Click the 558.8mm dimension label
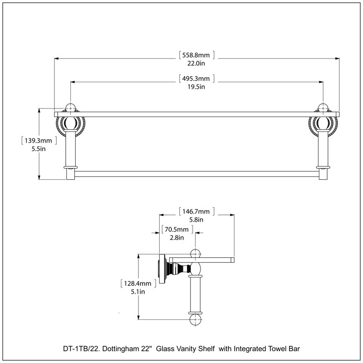coord(196,55)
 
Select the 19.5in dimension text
coord(196,87)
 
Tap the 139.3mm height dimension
coord(39,141)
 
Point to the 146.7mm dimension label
coord(196,211)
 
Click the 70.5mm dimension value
coord(177,230)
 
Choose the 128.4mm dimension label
coord(137,283)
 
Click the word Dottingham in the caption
coord(121,348)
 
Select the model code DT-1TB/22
coord(82,348)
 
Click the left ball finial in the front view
coord(70,108)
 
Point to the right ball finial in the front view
coord(323,108)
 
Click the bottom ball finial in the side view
coord(196,320)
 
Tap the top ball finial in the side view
coord(196,254)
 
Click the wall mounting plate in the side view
coord(162,269)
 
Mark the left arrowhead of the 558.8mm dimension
coord(56,59)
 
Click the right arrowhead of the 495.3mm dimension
coord(321,82)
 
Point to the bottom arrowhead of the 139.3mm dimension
coord(39,177)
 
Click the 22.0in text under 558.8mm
coord(196,63)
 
